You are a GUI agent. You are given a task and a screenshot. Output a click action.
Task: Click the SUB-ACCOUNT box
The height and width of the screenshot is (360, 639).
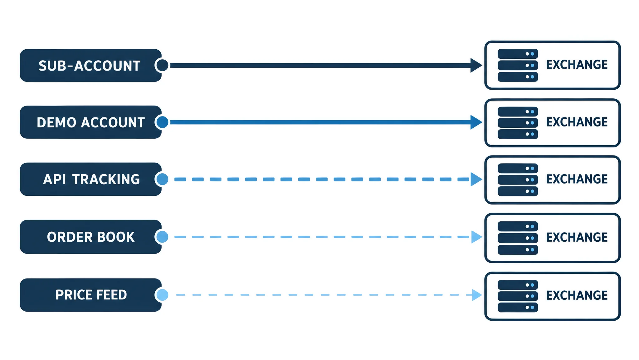click(x=91, y=66)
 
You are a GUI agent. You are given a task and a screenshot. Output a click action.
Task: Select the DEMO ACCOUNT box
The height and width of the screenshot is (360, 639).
click(x=91, y=122)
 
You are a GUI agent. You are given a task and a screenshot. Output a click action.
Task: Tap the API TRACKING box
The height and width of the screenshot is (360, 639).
click(x=91, y=179)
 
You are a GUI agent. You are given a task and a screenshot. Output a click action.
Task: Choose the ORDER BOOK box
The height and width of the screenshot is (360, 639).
click(x=91, y=237)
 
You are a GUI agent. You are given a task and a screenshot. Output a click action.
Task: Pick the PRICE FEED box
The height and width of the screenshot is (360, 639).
click(x=91, y=295)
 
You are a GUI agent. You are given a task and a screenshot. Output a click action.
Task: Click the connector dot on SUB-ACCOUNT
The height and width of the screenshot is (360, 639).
click(x=162, y=66)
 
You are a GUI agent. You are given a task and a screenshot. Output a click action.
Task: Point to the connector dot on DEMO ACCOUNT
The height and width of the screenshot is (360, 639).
click(x=162, y=122)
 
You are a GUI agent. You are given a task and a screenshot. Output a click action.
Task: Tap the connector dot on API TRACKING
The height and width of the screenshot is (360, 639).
click(x=162, y=179)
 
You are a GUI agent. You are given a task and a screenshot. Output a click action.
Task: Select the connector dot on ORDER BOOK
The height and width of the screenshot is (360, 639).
click(x=162, y=237)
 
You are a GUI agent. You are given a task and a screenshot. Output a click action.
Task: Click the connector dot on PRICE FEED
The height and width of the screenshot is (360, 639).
click(x=162, y=295)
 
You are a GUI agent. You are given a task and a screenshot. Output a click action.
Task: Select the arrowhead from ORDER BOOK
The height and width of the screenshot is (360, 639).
click(x=477, y=237)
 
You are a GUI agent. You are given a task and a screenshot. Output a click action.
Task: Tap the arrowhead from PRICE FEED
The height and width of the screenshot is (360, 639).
click(x=477, y=295)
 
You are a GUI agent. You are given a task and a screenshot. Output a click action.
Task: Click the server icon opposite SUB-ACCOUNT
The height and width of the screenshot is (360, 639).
click(x=518, y=65)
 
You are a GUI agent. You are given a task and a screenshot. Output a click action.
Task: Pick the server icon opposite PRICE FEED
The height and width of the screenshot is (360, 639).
click(x=518, y=296)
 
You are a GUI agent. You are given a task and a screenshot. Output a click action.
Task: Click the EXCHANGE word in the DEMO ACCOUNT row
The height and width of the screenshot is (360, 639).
click(x=577, y=122)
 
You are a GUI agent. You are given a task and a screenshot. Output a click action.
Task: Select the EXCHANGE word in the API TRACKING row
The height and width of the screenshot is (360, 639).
click(x=577, y=179)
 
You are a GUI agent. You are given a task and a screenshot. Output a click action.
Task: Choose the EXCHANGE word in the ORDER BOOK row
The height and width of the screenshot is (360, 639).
click(x=577, y=237)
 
